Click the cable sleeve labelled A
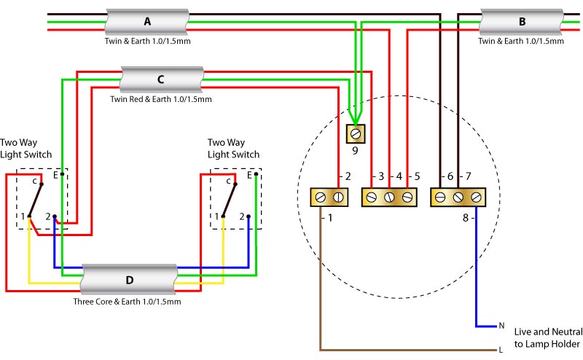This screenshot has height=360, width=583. (148, 22)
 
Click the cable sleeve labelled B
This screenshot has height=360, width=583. (521, 22)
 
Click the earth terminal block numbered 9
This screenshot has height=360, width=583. (356, 133)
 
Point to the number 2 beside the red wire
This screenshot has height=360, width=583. (348, 177)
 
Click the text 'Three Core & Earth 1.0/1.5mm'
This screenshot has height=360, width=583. (127, 301)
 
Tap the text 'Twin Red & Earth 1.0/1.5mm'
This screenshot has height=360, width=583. (160, 99)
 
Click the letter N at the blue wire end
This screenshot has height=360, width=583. (501, 326)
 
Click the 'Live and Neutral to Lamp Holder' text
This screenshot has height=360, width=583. (547, 337)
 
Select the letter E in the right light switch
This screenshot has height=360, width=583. (249, 175)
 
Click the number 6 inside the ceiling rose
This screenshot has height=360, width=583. (450, 177)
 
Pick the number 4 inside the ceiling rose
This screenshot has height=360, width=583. (399, 177)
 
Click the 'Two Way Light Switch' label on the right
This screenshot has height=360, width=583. (233, 149)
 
